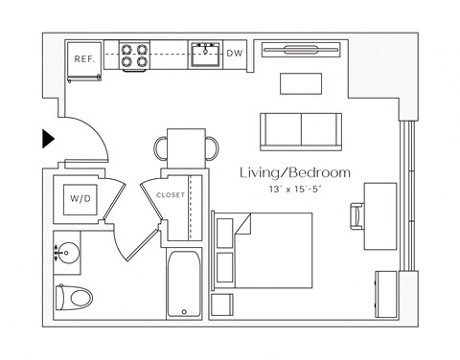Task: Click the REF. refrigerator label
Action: click(x=83, y=59)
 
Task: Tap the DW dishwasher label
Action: click(x=234, y=54)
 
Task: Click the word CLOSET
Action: click(x=171, y=194)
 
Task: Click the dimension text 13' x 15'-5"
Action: click(x=295, y=190)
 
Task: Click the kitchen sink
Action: click(x=204, y=56)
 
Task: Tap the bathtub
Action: click(x=182, y=284)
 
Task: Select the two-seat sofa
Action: click(x=301, y=128)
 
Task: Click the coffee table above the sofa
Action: click(x=302, y=83)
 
